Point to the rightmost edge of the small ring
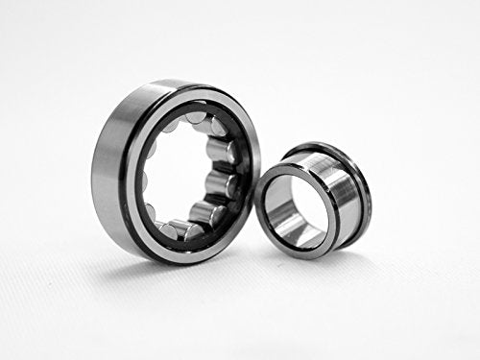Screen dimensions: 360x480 click(x=372, y=197)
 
